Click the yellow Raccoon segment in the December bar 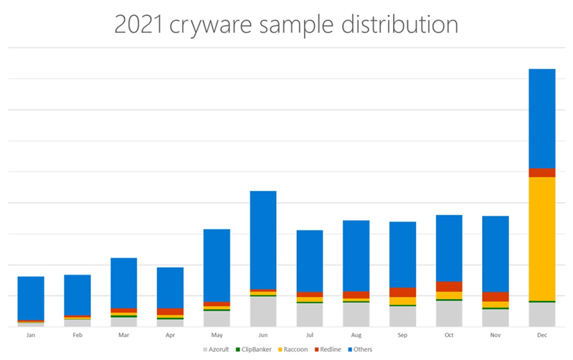[x=542, y=238]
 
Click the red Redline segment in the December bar [x=542, y=173]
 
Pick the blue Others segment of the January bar [x=31, y=298]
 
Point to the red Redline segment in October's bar [x=449, y=287]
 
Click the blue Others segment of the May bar [x=217, y=265]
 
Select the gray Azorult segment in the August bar [x=356, y=314]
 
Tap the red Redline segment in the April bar [x=170, y=311]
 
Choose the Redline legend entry [x=334, y=349]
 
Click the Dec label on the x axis [x=542, y=335]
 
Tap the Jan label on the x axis [x=31, y=335]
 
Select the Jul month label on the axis [x=310, y=335]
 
